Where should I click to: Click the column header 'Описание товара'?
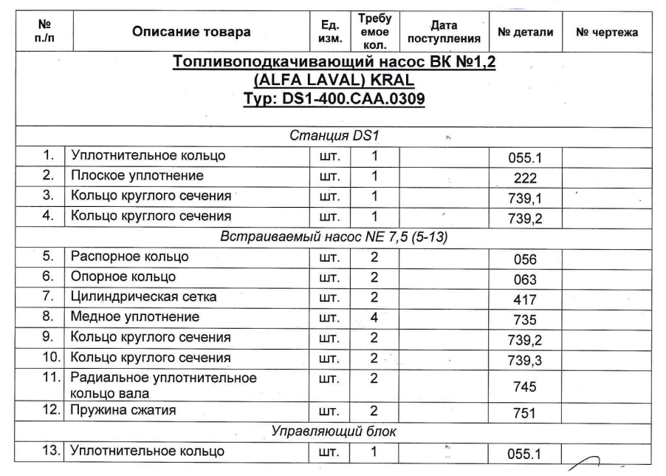coord(191,33)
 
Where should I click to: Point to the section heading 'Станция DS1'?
coord(334,137)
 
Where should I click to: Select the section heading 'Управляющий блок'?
coord(334,431)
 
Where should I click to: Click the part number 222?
coord(526,178)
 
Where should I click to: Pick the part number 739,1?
coord(526,198)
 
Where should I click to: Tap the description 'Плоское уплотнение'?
coord(137,176)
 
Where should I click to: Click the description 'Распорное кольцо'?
coord(130,257)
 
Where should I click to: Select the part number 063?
coord(526,280)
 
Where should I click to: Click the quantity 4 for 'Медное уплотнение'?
coord(374,318)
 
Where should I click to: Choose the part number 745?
coord(526,387)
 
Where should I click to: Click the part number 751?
coord(526,414)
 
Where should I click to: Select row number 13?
coord(49,451)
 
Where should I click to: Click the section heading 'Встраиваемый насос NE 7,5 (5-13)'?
coord(334,237)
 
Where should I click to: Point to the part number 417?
coord(526,300)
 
